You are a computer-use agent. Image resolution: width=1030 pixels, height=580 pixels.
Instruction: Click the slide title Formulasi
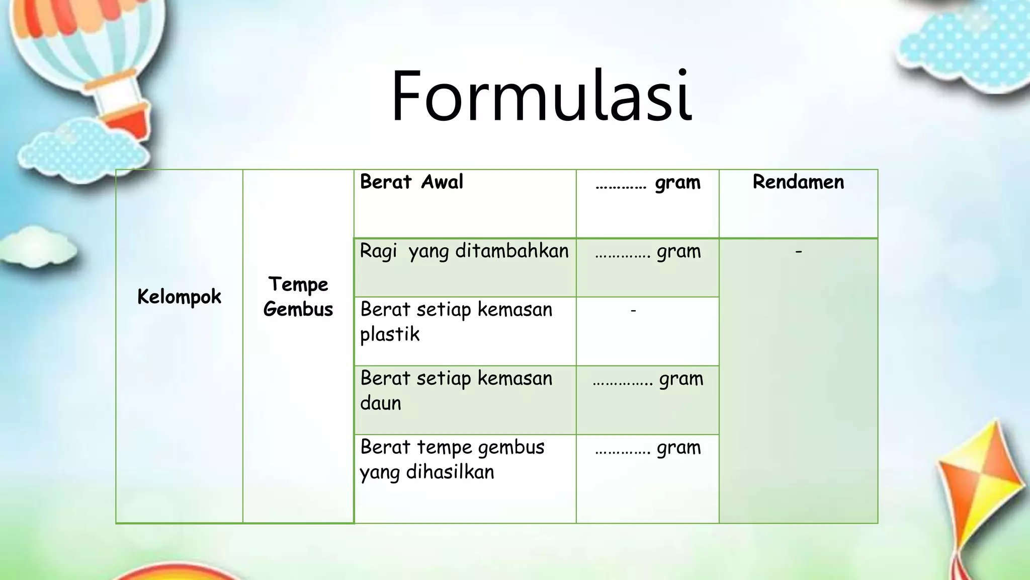point(542,97)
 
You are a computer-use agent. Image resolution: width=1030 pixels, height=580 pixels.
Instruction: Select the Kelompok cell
point(179,297)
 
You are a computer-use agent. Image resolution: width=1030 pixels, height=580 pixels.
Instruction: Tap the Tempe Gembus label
point(298,297)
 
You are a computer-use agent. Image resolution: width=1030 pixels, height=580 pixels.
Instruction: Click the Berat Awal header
point(411,182)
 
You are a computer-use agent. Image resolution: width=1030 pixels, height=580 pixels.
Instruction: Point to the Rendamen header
point(798,182)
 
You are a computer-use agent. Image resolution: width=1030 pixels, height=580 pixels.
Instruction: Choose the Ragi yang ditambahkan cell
point(464,251)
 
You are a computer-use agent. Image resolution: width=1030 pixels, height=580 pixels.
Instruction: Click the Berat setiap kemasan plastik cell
point(456,322)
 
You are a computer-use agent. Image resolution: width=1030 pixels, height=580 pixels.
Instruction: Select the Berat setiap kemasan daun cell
point(456,391)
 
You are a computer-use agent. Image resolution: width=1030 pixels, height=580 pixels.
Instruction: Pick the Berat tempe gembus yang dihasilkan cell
point(452,459)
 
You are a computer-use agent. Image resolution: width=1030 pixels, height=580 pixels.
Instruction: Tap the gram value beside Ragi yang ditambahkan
point(648,251)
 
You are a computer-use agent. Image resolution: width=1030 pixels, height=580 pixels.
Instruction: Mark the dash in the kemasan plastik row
point(633,311)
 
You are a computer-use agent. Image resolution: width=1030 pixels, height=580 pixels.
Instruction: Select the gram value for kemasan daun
point(648,379)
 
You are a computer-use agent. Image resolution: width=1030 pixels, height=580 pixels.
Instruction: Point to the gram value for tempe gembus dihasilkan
point(648,448)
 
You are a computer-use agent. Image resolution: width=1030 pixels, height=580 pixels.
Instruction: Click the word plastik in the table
point(390,334)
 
